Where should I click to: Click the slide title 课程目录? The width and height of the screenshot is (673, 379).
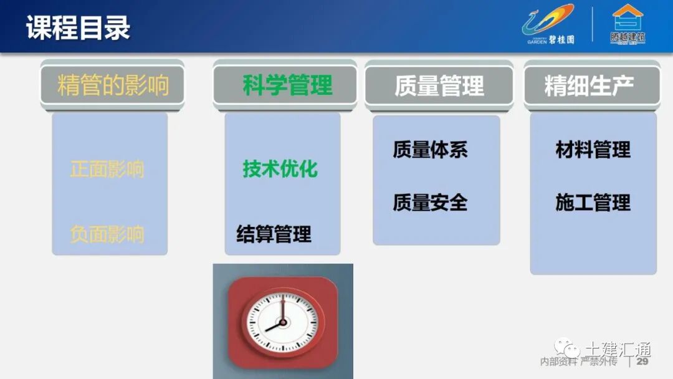tap(78, 28)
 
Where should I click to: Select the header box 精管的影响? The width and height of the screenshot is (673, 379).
tap(113, 85)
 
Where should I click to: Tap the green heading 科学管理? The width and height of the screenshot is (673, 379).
tap(287, 85)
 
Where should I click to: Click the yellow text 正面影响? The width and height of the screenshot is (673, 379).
tap(107, 169)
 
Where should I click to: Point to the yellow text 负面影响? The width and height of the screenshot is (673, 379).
tap(107, 234)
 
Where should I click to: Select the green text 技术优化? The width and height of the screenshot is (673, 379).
tap(280, 169)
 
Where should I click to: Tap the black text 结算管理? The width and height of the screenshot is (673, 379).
tap(274, 234)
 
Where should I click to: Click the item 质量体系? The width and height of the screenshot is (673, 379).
tap(430, 150)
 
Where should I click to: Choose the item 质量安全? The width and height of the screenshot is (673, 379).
tap(430, 203)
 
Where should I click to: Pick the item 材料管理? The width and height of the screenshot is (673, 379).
tap(593, 150)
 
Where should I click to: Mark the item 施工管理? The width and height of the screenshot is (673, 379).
tap(593, 203)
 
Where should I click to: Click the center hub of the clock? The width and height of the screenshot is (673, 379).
tap(282, 322)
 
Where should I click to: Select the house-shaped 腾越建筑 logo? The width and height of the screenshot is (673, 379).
tap(627, 25)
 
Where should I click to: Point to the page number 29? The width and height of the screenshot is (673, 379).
tap(642, 362)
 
